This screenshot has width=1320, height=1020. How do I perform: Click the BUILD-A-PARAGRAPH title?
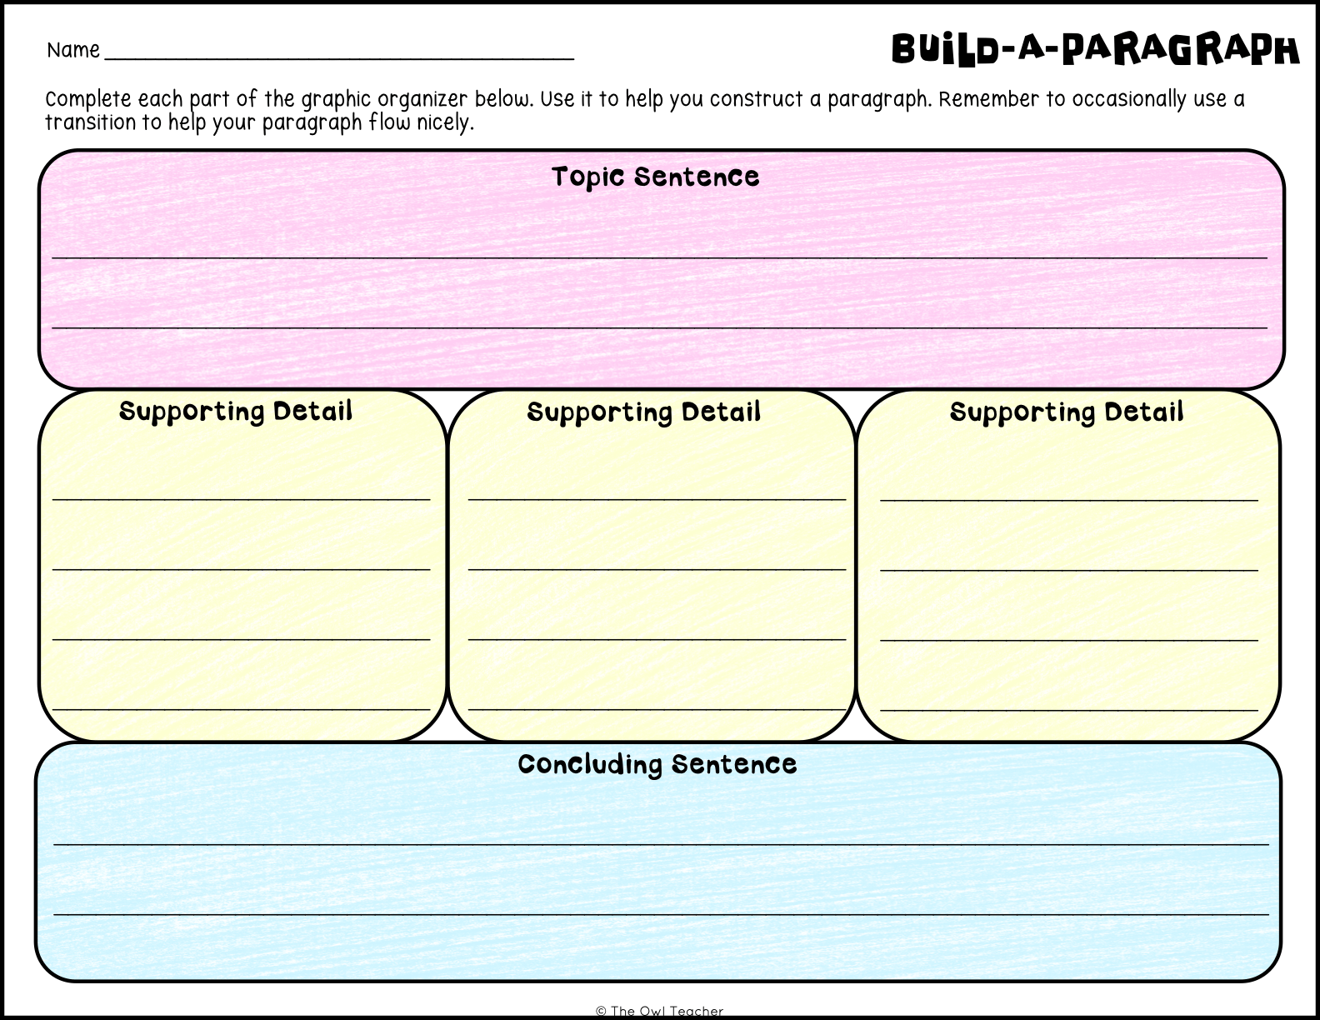tap(1095, 49)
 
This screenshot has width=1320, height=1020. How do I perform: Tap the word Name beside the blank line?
tap(72, 50)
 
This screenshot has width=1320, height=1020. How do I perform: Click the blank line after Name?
tap(339, 59)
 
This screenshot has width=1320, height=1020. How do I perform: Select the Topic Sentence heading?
tap(656, 177)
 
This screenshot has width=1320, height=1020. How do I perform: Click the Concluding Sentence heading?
tap(657, 764)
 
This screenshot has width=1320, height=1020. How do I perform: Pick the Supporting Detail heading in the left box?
tap(236, 412)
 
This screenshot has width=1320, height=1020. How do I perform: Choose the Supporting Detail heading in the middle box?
tap(644, 412)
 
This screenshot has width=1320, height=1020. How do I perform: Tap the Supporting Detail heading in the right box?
tap(1067, 412)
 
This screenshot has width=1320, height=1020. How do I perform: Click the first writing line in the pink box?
tap(660, 258)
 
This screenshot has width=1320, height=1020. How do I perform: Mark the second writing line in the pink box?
tap(660, 328)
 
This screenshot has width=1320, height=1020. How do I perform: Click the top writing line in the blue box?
tap(661, 844)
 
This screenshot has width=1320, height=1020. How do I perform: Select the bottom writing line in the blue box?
tap(661, 914)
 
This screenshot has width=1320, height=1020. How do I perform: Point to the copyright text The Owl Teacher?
tap(660, 1011)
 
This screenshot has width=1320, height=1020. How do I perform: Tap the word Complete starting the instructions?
tap(88, 99)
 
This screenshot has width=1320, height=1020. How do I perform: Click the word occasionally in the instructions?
tap(1128, 99)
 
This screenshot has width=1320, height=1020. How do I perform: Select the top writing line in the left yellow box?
tap(241, 499)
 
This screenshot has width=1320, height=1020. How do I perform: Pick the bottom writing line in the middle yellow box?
tap(657, 709)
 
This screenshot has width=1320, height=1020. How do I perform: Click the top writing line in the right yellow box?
tap(1069, 501)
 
